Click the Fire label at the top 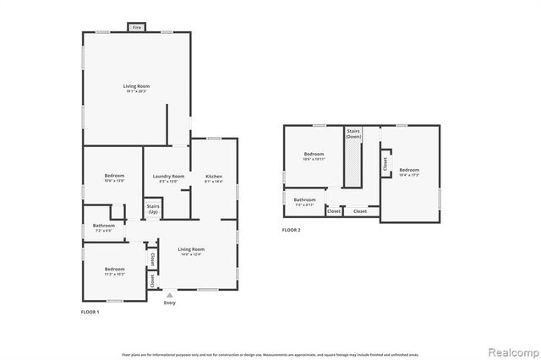click(x=136, y=28)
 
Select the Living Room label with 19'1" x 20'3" click(x=136, y=88)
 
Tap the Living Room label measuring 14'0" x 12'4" click(x=191, y=251)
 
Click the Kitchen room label click(x=214, y=178)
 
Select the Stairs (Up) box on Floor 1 click(x=153, y=208)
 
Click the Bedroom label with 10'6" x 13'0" click(x=114, y=178)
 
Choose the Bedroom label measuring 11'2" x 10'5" click(x=114, y=270)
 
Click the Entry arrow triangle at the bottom click(x=169, y=295)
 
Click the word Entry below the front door click(x=169, y=303)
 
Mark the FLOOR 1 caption click(x=89, y=313)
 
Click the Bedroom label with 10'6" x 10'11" click(x=314, y=156)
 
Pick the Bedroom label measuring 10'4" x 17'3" click(x=409, y=172)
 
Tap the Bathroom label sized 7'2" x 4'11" click(x=304, y=202)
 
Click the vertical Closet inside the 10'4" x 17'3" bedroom click(x=385, y=165)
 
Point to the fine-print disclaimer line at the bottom click(x=270, y=354)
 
